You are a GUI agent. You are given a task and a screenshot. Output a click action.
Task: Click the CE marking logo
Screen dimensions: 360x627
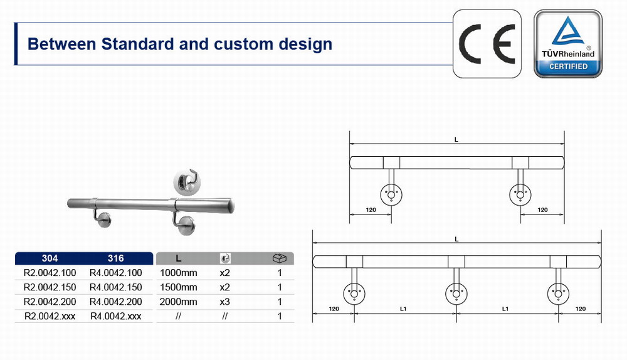tap(487, 43)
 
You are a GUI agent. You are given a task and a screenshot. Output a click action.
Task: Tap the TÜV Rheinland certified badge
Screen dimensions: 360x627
tap(568, 43)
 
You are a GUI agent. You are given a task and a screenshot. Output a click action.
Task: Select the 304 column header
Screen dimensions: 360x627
tap(50, 258)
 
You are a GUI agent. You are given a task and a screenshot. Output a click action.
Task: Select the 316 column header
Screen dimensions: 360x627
tap(116, 258)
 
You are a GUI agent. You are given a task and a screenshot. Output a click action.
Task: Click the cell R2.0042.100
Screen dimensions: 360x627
tap(50, 273)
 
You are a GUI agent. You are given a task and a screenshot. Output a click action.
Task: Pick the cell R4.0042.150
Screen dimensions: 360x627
tap(116, 287)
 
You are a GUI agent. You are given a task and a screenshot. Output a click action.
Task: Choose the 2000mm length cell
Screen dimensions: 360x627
tap(179, 302)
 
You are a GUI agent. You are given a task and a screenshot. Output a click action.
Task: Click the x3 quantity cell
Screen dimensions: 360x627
tap(224, 302)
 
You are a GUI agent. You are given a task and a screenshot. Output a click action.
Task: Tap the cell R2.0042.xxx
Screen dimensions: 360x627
tap(50, 316)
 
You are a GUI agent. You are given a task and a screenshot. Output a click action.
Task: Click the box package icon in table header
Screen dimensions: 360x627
tap(280, 258)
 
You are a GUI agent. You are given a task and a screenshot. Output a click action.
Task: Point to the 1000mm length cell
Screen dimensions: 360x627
tap(179, 273)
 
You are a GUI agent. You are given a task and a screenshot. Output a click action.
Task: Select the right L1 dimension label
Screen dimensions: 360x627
tap(505, 309)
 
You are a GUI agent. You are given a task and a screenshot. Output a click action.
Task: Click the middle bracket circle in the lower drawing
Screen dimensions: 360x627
tap(456, 293)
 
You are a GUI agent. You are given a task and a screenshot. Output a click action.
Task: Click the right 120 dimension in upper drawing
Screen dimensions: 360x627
tap(542, 209)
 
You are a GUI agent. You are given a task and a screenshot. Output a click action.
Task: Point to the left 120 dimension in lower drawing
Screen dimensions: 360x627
tap(334, 309)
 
